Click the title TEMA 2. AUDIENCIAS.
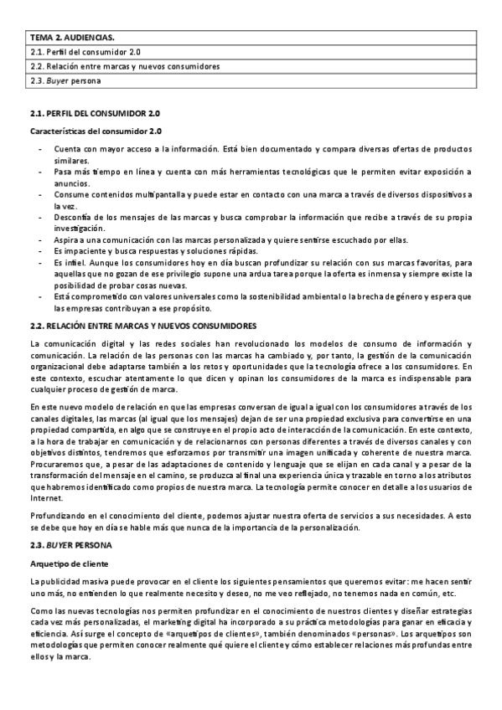(72, 38)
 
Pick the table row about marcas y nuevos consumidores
(124, 66)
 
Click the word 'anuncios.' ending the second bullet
(73, 182)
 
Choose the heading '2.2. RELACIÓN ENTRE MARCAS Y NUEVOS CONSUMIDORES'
(142, 325)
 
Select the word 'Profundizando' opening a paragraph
(57, 515)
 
